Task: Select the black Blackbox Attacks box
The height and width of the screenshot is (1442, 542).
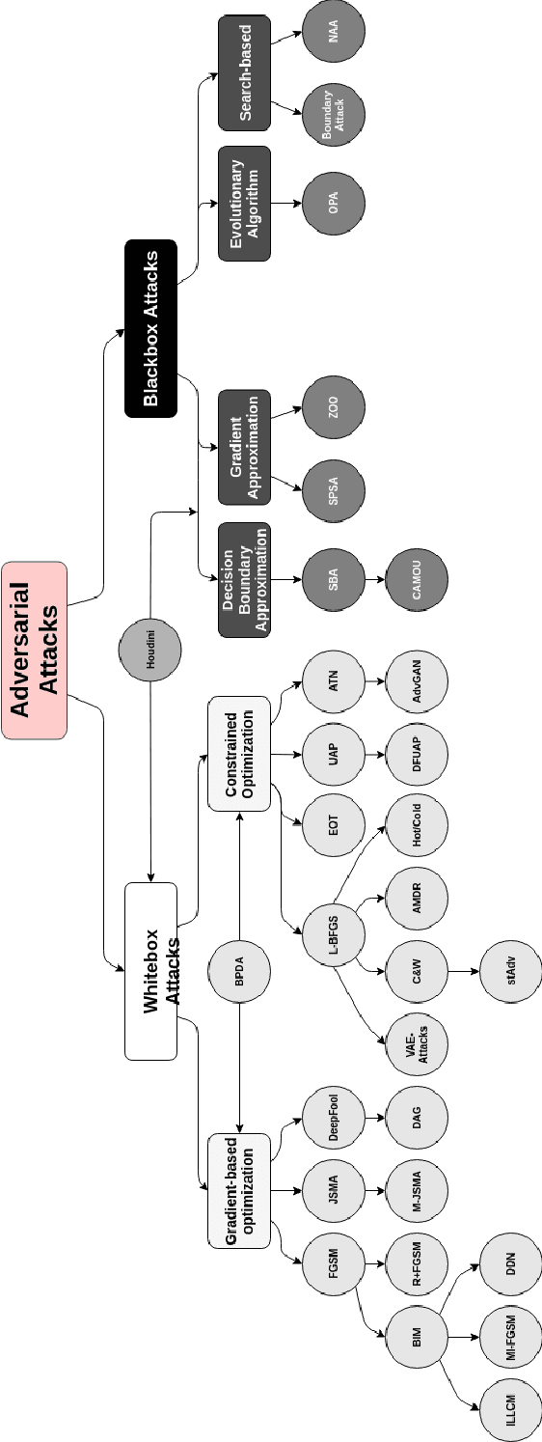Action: (x=150, y=328)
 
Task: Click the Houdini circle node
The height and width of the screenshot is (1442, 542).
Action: (x=150, y=649)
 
